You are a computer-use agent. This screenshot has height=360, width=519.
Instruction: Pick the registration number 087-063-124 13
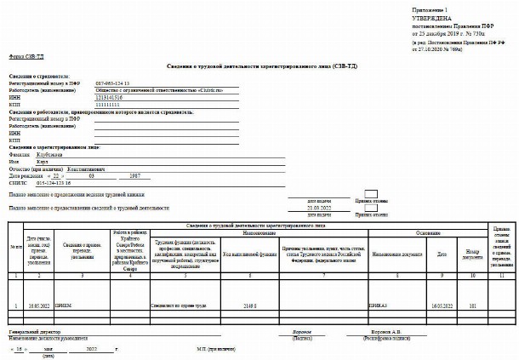[x=113, y=83]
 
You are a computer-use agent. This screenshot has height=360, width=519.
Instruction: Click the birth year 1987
[x=134, y=175]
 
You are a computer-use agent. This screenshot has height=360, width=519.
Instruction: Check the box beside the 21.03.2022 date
[x=371, y=206]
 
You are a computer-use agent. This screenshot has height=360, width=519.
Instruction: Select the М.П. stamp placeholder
[x=214, y=348]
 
